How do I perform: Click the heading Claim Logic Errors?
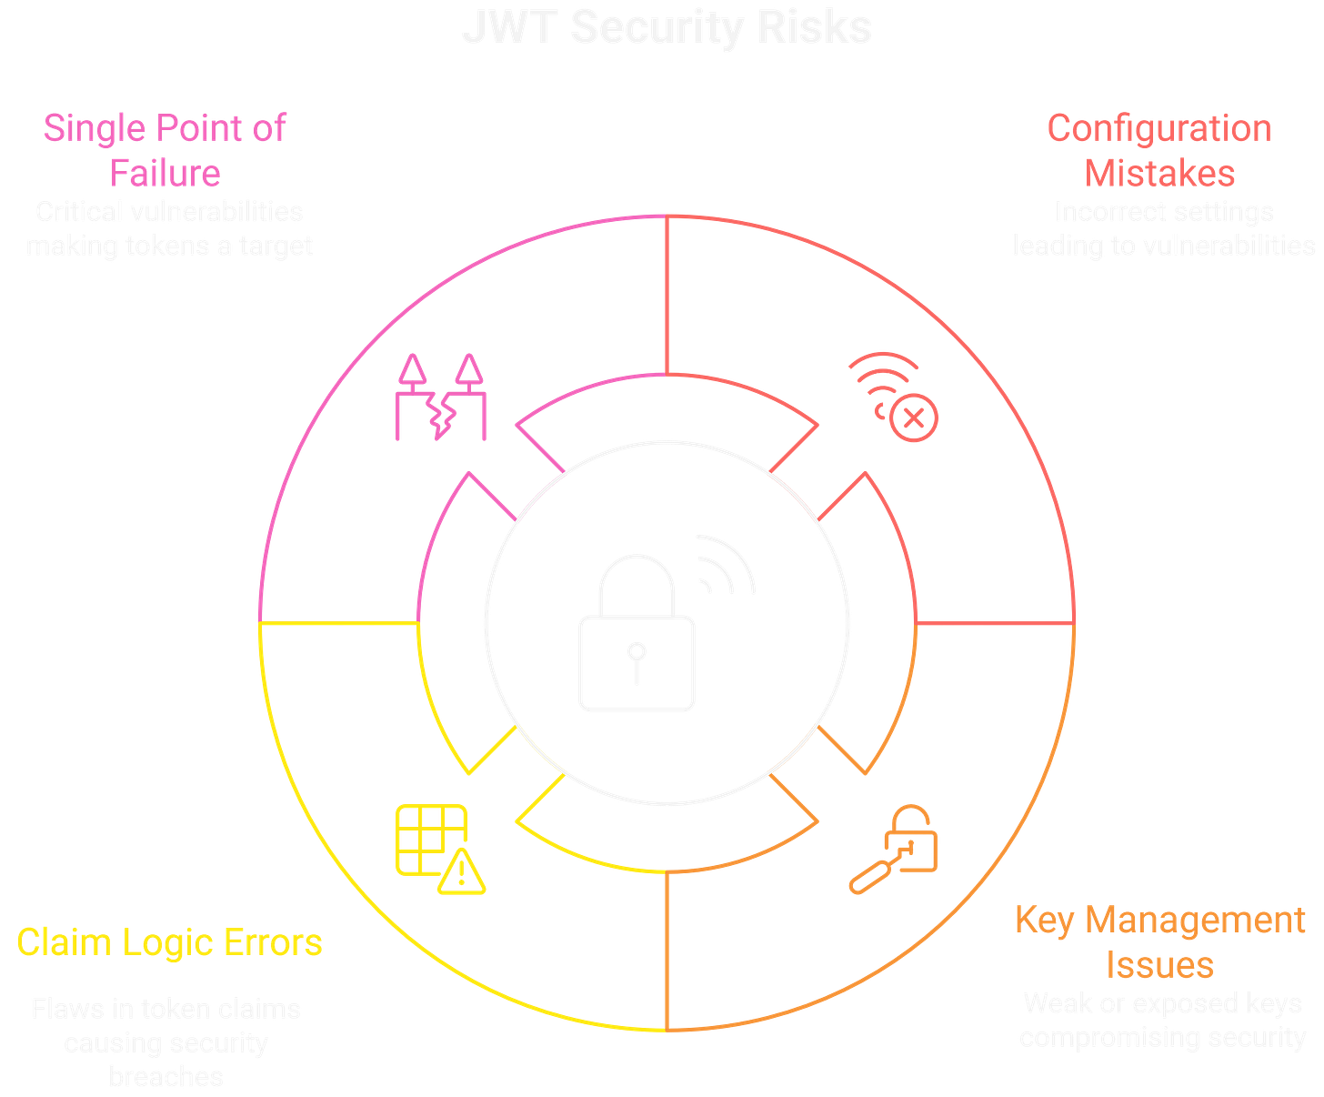(170, 942)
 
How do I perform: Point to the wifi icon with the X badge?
(892, 397)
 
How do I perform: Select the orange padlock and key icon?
(894, 849)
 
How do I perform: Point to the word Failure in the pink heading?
(165, 172)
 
